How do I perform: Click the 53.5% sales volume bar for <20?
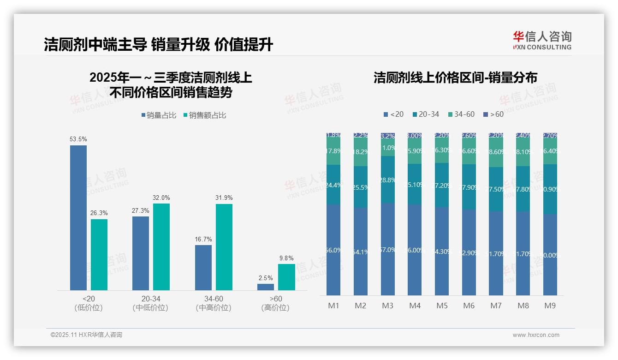tap(78, 218)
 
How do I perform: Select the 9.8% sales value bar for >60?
tap(286, 277)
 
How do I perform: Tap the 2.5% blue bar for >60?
tap(266, 287)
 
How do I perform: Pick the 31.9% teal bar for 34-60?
tap(224, 247)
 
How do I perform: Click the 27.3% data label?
tap(141, 210)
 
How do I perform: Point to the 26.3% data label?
tap(99, 213)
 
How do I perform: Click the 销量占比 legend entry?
tap(159, 115)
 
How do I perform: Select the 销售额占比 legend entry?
tap(205, 115)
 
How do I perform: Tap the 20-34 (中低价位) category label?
tap(151, 303)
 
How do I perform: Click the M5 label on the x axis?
tap(441, 306)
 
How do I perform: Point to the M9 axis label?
tap(550, 306)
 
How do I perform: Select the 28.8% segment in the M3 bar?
tap(387, 180)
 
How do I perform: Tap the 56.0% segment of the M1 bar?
tap(333, 250)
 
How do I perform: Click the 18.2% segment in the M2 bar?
tap(360, 151)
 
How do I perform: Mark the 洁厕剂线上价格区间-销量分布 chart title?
tap(455, 78)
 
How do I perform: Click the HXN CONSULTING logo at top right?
tap(542, 40)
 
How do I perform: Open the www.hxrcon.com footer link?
tap(536, 335)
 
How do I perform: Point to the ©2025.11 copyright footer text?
tap(86, 335)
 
